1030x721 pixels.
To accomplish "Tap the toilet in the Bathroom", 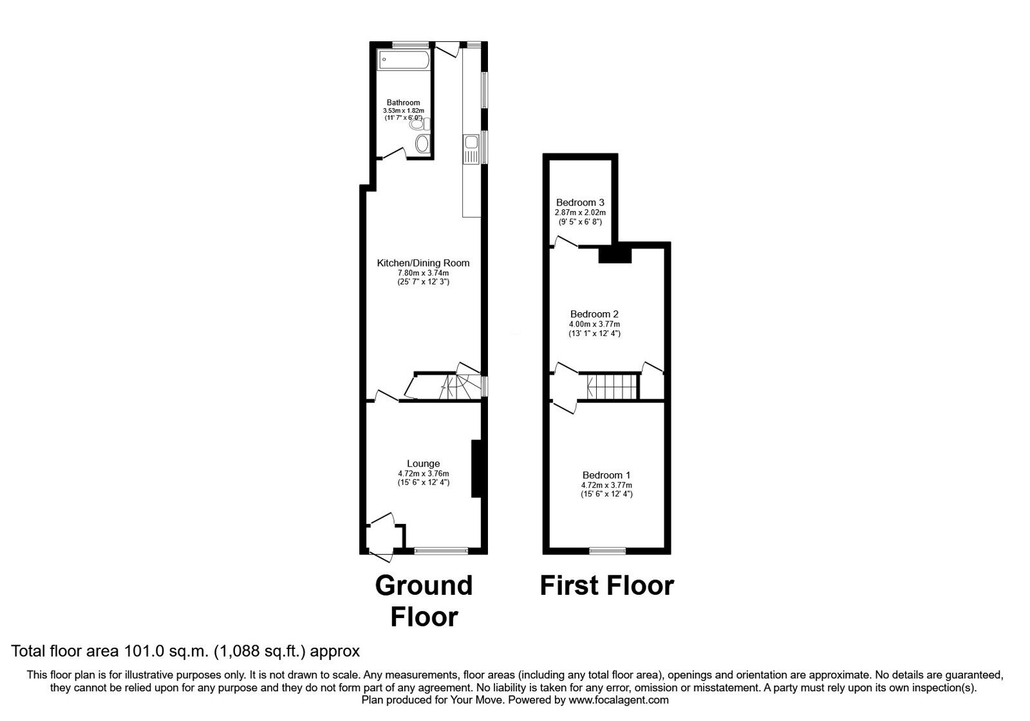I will (422, 143).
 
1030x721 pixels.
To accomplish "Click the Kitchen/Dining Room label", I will (423, 263).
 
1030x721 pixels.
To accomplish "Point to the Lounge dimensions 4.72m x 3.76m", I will (423, 474).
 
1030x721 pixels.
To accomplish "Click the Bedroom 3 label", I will (580, 203).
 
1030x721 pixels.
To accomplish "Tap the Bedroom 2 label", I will (594, 314).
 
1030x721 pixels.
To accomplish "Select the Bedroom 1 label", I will (606, 476).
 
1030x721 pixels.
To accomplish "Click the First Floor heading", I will (606, 586).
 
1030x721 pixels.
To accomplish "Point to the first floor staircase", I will (612, 386).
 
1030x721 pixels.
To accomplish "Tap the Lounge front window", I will (441, 550).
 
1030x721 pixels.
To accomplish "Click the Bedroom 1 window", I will (608, 550).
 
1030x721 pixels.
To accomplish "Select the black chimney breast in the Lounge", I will (476, 469).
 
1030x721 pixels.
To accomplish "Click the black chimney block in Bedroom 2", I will (615, 256).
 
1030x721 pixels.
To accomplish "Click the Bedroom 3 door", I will (566, 243).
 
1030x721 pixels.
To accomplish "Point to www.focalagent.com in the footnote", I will (619, 700).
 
